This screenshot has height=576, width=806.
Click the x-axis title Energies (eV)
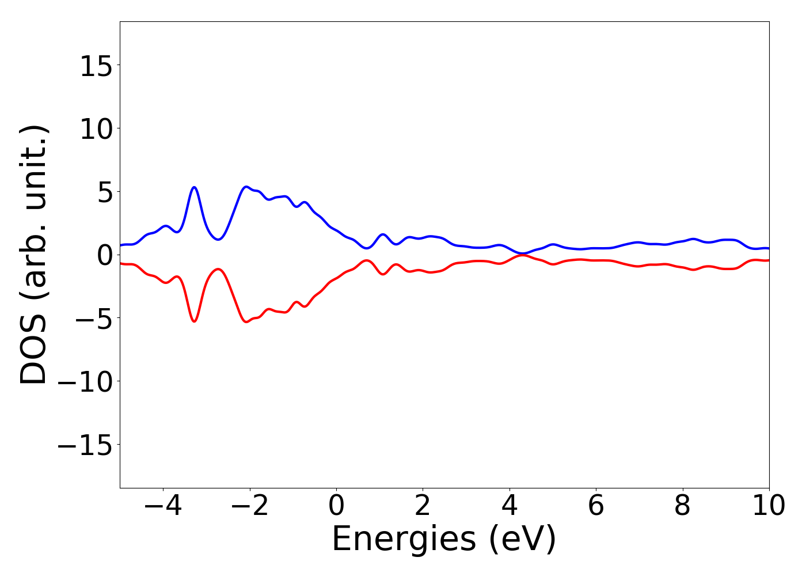[444, 540]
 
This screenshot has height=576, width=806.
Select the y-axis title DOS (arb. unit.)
[35, 255]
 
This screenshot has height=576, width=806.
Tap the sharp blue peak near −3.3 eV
[195, 187]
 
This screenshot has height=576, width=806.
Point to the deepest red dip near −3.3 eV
[195, 321]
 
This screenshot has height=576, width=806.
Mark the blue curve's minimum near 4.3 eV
[522, 253]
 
